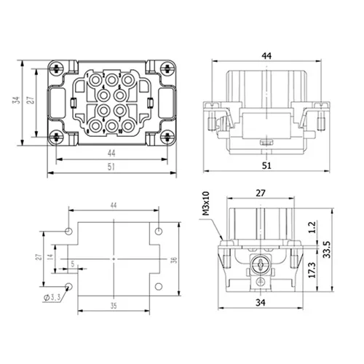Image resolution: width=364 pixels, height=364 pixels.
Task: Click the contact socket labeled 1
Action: tap(96, 79)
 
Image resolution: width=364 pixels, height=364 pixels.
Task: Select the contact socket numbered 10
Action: tap(128, 126)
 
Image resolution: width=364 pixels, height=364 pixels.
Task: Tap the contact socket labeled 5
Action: tap(119, 95)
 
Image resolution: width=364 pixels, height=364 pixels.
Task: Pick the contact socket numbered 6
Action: tap(104, 111)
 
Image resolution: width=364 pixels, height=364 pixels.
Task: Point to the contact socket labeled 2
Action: tap(112, 79)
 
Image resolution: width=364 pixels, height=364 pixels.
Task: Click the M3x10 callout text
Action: tap(206, 204)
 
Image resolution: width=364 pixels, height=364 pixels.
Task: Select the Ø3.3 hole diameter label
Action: tap(52, 298)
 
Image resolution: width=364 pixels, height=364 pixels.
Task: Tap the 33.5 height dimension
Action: tap(327, 250)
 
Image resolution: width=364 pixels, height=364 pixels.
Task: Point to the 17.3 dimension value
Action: tap(312, 269)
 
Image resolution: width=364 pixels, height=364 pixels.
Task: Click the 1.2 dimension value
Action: tap(312, 227)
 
